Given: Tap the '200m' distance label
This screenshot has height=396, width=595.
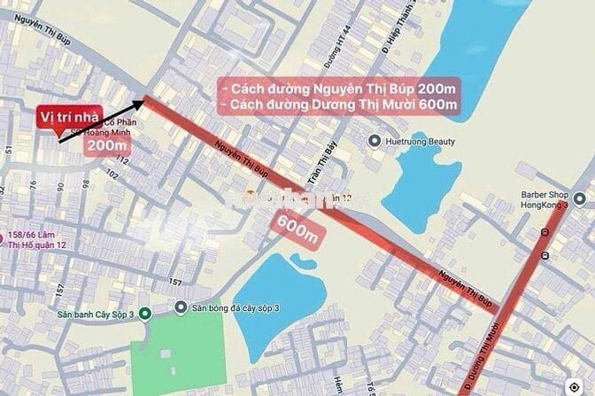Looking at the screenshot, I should click(x=107, y=145).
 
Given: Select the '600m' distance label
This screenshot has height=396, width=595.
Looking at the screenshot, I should click(x=297, y=232).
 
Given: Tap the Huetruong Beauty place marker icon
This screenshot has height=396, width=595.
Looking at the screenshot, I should click(x=375, y=140).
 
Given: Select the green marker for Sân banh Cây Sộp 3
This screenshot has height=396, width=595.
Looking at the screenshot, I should click(x=145, y=313).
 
